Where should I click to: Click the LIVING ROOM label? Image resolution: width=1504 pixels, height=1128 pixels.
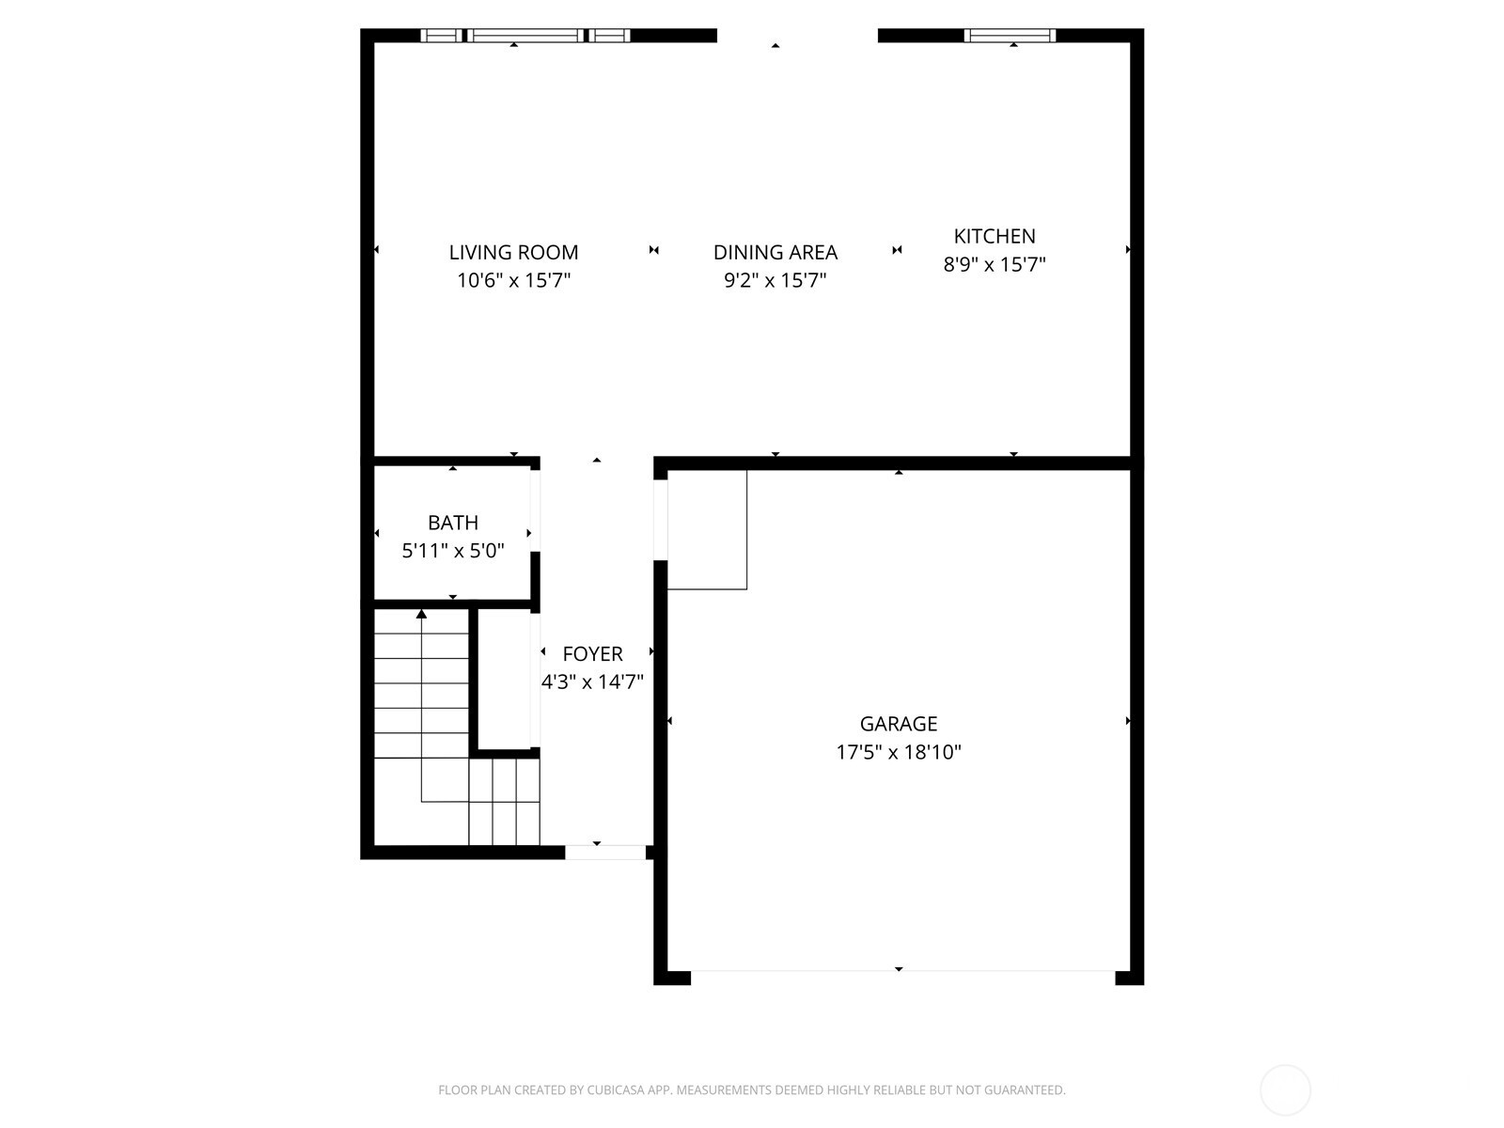tap(513, 252)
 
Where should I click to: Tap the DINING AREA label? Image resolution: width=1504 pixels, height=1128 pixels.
tap(775, 252)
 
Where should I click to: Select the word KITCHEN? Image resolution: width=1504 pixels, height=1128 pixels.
tap(995, 236)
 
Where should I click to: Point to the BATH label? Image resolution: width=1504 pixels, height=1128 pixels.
tap(453, 523)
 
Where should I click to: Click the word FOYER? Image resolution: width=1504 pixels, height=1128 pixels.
tap(593, 654)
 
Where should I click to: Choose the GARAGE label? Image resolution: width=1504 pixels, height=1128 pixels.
tap(899, 724)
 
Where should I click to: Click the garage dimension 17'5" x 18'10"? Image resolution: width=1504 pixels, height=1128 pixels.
tap(899, 752)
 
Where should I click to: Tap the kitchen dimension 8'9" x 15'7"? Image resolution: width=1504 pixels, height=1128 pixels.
tap(995, 264)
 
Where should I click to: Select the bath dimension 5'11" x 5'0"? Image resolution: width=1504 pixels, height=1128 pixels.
tap(453, 551)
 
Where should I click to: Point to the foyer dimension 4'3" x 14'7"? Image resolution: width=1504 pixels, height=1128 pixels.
tap(593, 682)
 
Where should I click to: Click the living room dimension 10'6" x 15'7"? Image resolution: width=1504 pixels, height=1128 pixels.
tap(513, 280)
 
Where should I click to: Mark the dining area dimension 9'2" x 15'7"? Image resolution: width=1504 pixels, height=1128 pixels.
tap(775, 280)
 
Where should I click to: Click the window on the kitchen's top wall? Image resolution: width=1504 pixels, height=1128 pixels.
tap(1010, 36)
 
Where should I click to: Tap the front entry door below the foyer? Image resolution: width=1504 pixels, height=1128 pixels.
tap(605, 852)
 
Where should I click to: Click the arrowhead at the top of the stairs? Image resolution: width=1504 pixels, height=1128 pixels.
tap(421, 614)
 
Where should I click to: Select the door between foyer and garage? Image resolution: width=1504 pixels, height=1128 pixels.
tap(661, 520)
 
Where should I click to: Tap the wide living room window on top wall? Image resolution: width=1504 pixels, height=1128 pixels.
tap(525, 36)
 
